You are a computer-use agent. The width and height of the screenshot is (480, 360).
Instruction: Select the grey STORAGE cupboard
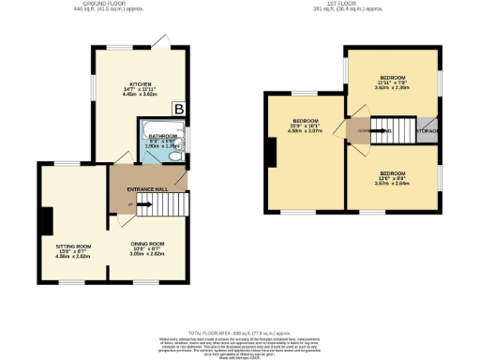point(427,130)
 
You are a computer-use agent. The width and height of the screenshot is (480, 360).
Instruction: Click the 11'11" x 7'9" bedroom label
point(392,82)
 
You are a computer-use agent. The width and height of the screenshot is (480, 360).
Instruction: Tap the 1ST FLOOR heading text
point(349,7)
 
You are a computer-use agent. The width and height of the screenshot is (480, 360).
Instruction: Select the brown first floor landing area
point(359,130)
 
